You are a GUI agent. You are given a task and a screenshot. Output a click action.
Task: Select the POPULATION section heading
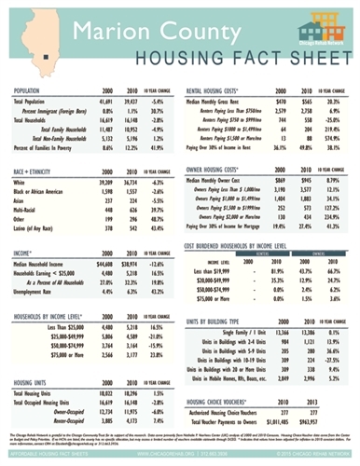[34, 90]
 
